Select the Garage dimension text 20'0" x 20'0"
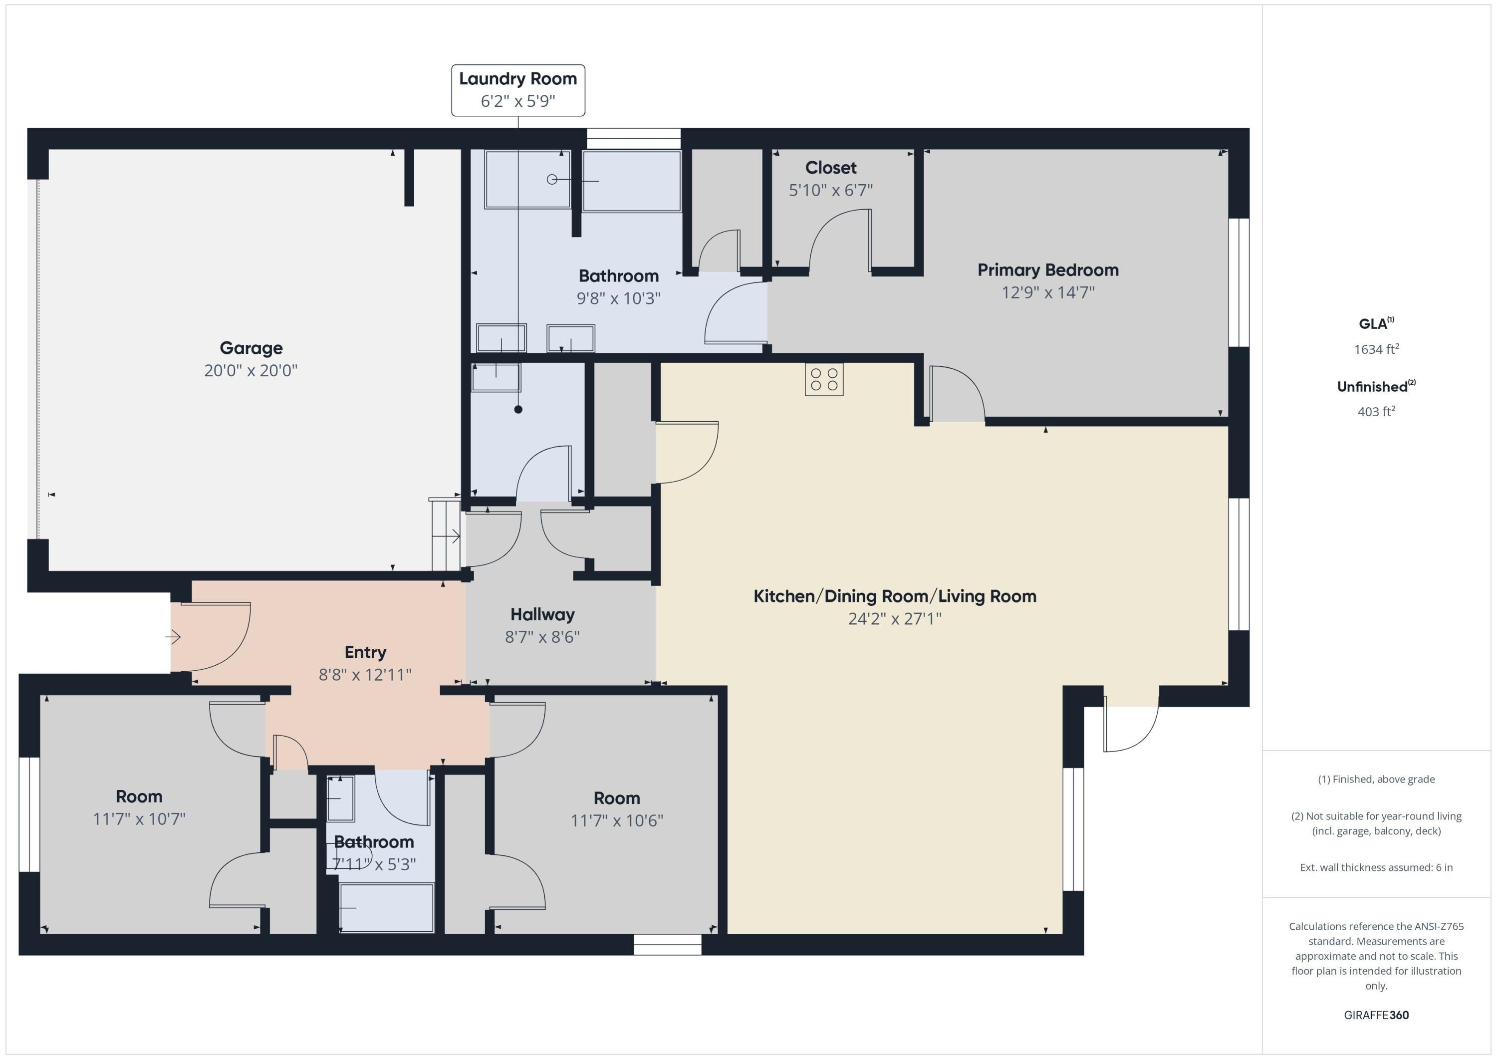tap(250, 370)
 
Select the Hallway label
tap(542, 614)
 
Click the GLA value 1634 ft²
tap(1376, 349)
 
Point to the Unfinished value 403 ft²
tap(1376, 411)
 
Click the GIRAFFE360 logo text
tap(1376, 1015)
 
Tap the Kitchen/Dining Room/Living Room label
tap(895, 596)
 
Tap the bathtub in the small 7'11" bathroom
tap(386, 908)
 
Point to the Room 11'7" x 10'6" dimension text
tap(616, 820)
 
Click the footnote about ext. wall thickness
tap(1376, 867)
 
